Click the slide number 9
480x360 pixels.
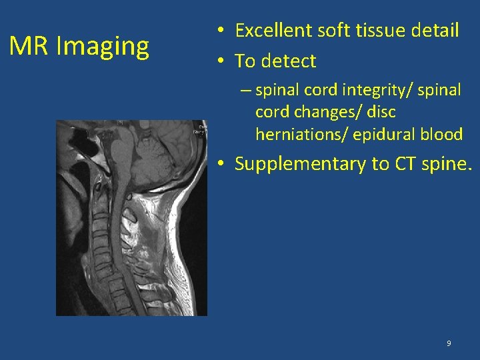click(448, 343)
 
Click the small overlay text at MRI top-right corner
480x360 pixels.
click(199, 129)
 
